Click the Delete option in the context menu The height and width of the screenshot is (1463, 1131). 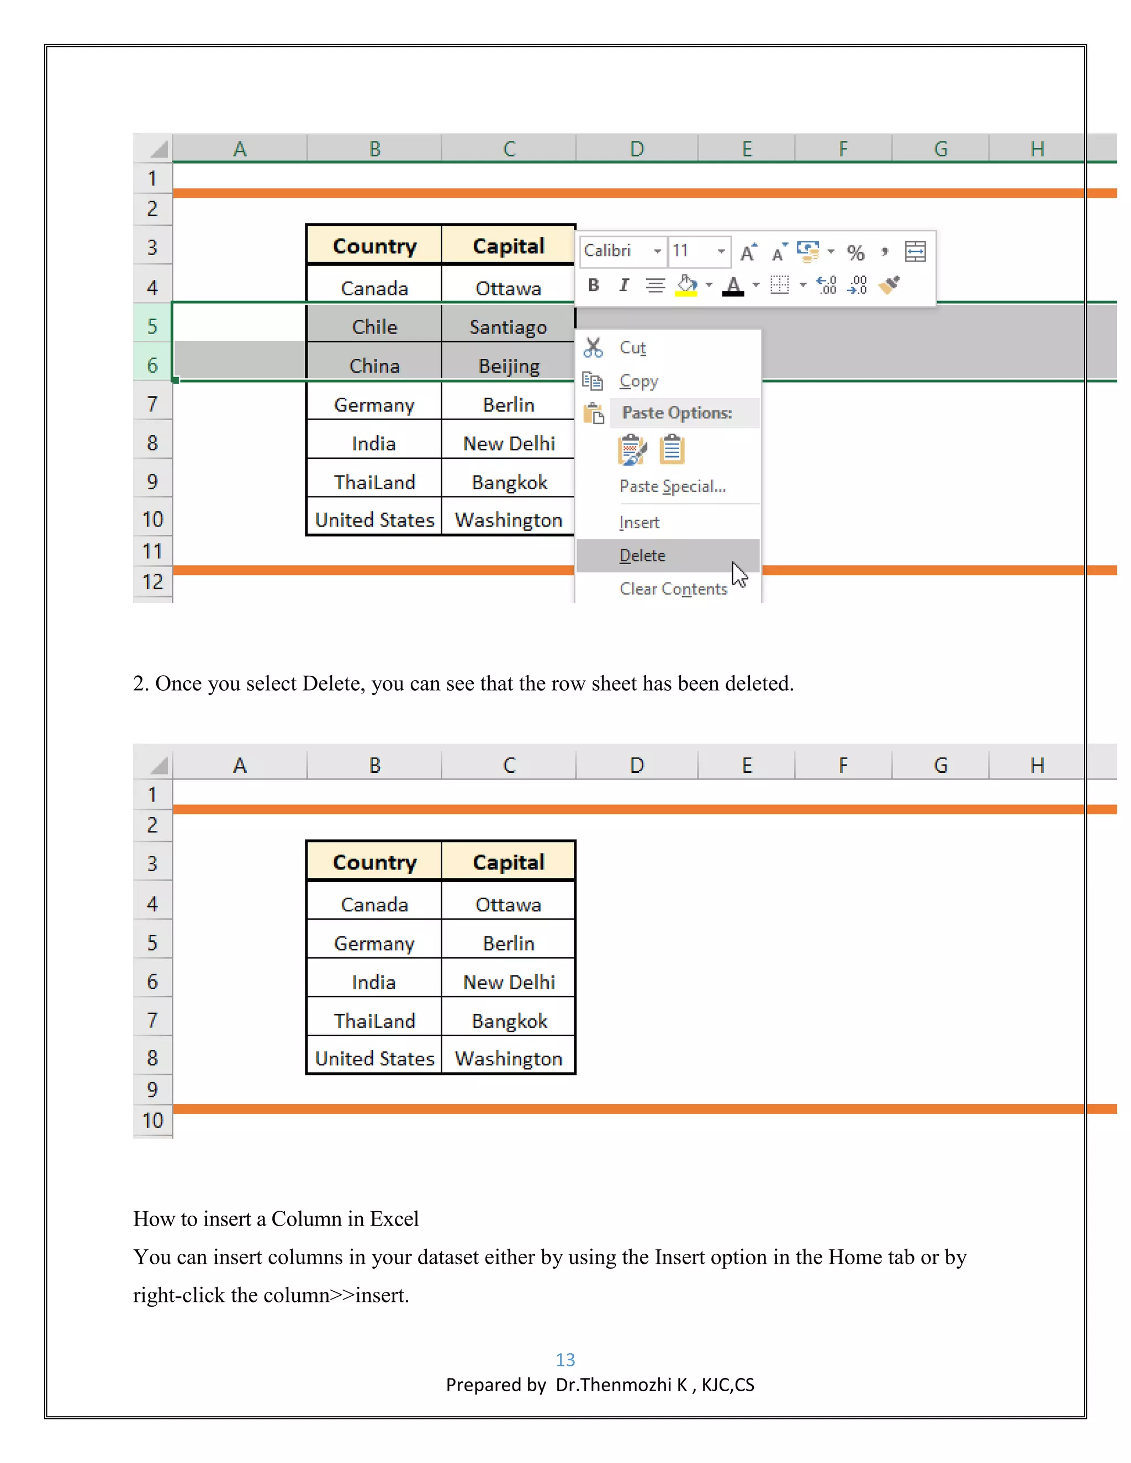pyautogui.click(x=642, y=555)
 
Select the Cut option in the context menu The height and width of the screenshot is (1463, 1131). pyautogui.click(x=632, y=348)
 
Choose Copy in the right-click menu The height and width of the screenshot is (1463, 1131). pyautogui.click(x=638, y=380)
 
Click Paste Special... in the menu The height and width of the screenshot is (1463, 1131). pyautogui.click(x=672, y=486)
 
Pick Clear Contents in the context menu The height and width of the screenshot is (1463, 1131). pyautogui.click(x=673, y=589)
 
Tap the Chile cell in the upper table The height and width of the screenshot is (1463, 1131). pyautogui.click(x=374, y=327)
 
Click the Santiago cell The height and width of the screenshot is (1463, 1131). pyautogui.click(x=508, y=327)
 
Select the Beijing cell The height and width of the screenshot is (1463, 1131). pyautogui.click(x=508, y=365)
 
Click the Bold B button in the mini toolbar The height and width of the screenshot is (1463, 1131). pyautogui.click(x=593, y=285)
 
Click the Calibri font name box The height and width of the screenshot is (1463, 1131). pyautogui.click(x=614, y=251)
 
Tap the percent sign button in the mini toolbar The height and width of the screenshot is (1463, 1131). pyautogui.click(x=855, y=252)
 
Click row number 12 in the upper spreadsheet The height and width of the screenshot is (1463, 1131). pyautogui.click(x=153, y=581)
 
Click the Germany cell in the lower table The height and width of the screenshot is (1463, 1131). pyautogui.click(x=374, y=943)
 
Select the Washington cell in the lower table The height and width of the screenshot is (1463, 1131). pyautogui.click(x=508, y=1058)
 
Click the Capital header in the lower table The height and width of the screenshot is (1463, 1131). pyautogui.click(x=508, y=862)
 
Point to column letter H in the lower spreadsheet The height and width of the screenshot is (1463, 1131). pyautogui.click(x=1037, y=765)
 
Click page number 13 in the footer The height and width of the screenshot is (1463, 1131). pyautogui.click(x=565, y=1359)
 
